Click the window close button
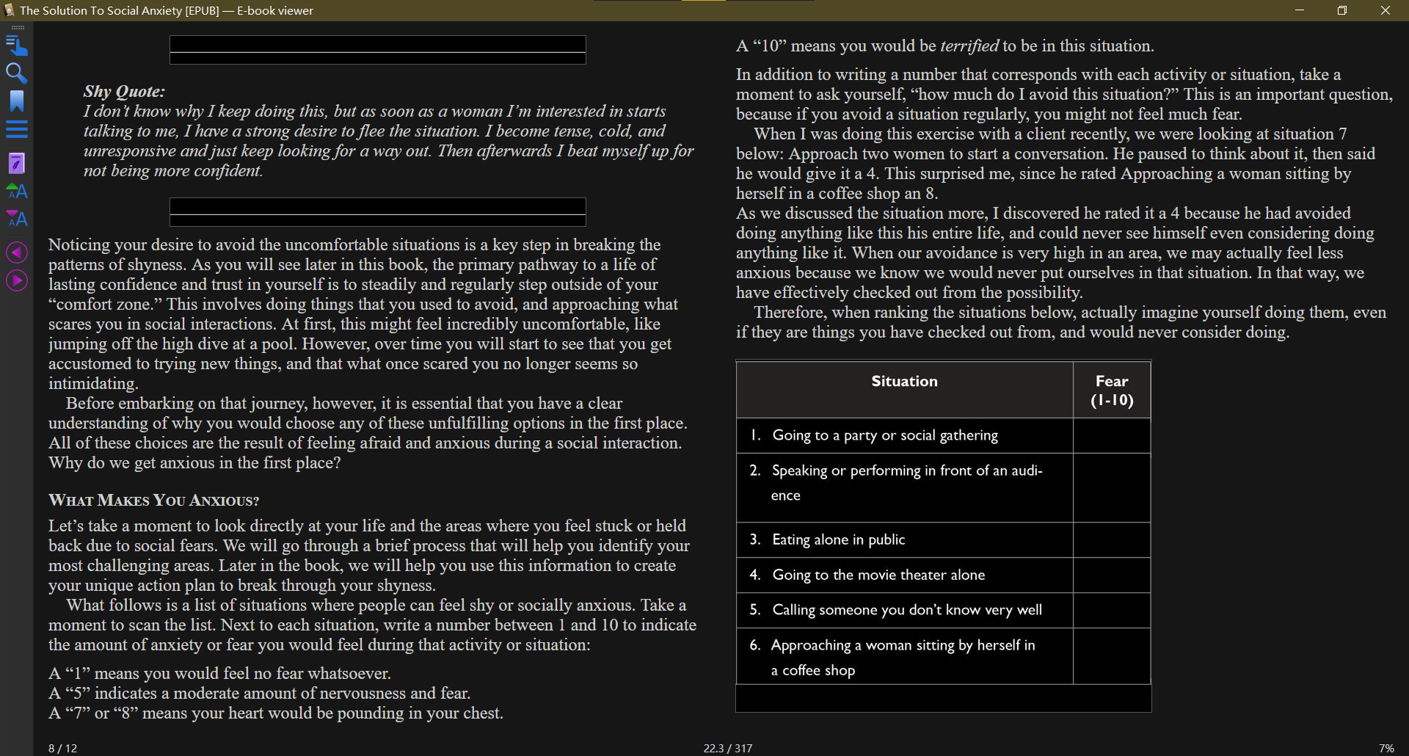click(x=1385, y=10)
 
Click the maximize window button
click(x=1341, y=10)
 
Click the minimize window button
click(x=1299, y=10)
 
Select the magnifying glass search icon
click(x=16, y=73)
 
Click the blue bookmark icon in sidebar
click(x=16, y=101)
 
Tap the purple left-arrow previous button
click(x=16, y=252)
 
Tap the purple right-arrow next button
click(x=16, y=280)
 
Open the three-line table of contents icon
click(x=16, y=129)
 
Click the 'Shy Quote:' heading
click(x=124, y=92)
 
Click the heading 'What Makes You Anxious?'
click(x=153, y=501)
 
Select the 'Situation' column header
click(x=904, y=382)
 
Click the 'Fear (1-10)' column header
click(x=1112, y=390)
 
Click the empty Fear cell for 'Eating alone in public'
click(x=1112, y=540)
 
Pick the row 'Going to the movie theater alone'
click(x=878, y=575)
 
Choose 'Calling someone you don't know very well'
click(x=906, y=611)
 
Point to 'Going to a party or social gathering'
click(x=884, y=436)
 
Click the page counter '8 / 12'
click(x=62, y=749)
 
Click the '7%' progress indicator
click(x=1386, y=749)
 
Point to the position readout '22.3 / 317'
click(x=727, y=749)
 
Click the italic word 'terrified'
click(x=969, y=46)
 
